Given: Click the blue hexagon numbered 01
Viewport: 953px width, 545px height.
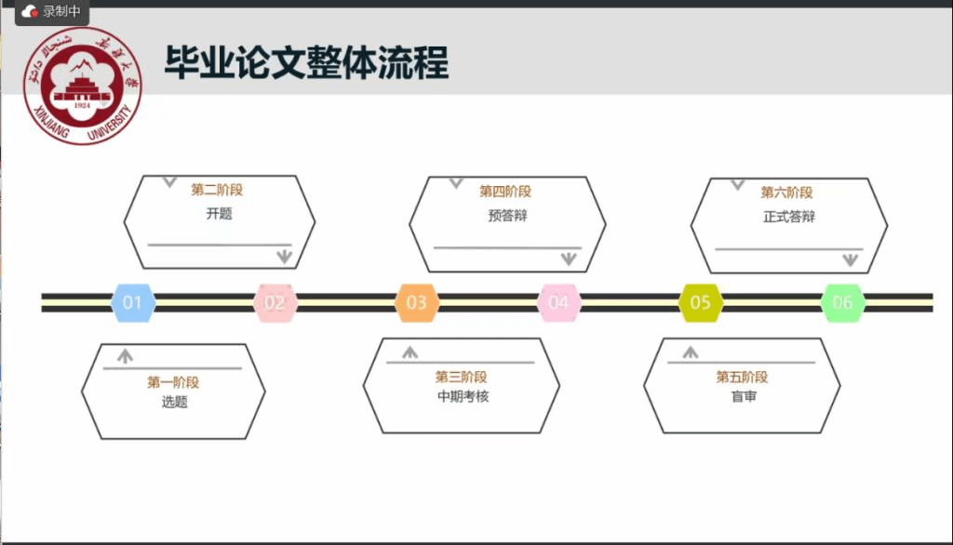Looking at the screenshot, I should click(132, 302).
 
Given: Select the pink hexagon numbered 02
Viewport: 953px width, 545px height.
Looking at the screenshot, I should click(275, 302).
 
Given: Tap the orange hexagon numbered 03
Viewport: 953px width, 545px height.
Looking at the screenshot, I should click(416, 302).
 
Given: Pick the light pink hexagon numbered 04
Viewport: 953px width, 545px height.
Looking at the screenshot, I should click(558, 302).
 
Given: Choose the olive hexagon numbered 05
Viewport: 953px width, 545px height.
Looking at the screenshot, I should click(700, 302).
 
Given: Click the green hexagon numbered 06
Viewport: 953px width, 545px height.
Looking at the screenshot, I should click(842, 302).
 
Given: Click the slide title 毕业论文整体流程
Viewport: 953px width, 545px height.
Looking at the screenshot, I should click(307, 62).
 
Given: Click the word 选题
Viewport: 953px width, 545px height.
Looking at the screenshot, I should click(174, 402).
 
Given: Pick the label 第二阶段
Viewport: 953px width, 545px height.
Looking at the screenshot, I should click(217, 190).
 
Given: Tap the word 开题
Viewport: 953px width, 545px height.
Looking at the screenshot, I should click(219, 213).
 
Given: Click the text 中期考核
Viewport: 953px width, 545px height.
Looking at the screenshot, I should click(463, 396).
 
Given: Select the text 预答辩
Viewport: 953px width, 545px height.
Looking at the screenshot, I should click(507, 216).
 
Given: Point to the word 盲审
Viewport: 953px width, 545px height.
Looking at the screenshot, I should click(744, 397).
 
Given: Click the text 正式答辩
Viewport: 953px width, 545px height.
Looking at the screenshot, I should click(788, 217).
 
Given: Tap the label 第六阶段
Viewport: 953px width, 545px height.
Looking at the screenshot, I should click(786, 193).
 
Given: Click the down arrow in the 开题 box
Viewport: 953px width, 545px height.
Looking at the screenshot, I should click(285, 257).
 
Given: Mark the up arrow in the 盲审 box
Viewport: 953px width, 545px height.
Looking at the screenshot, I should click(691, 352).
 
